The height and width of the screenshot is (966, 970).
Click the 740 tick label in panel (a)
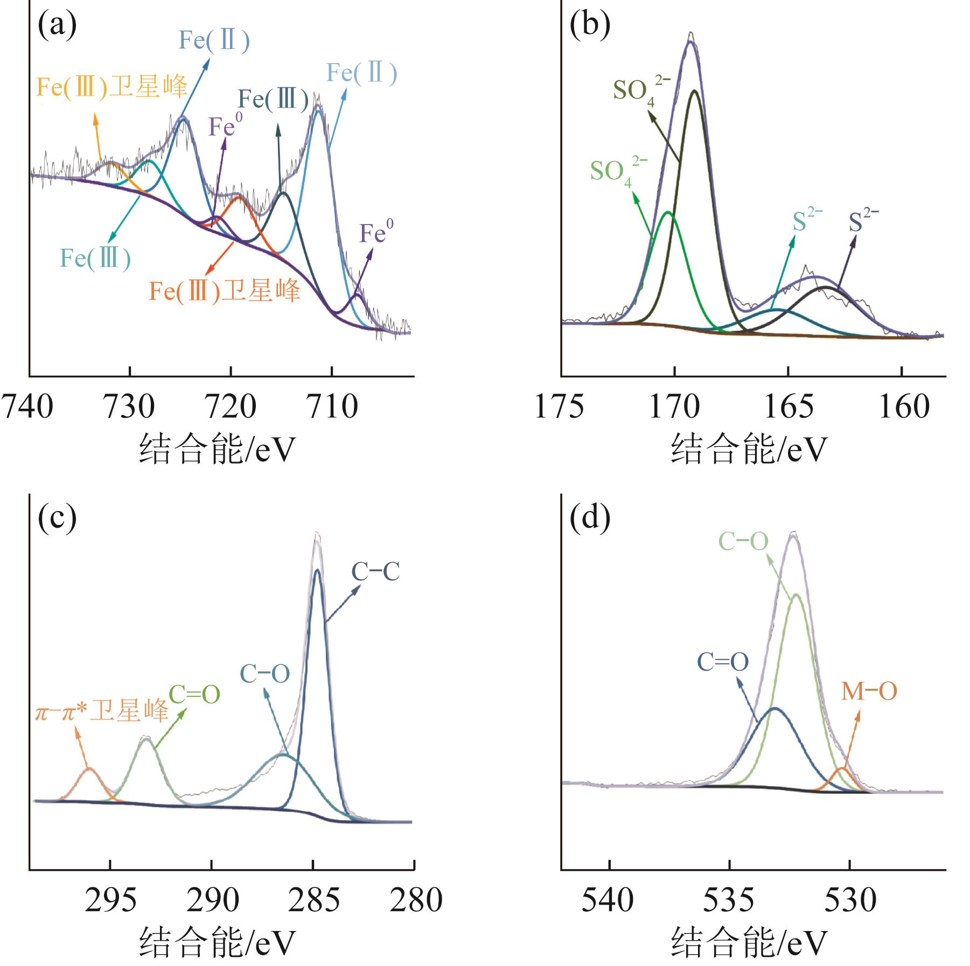coord(27,407)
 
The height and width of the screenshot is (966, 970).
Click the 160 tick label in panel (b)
coord(904,407)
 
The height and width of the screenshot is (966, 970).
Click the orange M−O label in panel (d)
coord(869,691)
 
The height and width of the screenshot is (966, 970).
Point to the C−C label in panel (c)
coord(375,572)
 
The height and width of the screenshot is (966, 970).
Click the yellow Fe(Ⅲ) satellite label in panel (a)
coord(112,87)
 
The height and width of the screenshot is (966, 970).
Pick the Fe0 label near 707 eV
coord(376,233)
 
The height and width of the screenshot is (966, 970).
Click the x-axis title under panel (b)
coord(748,450)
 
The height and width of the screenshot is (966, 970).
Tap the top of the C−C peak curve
coord(317,570)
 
